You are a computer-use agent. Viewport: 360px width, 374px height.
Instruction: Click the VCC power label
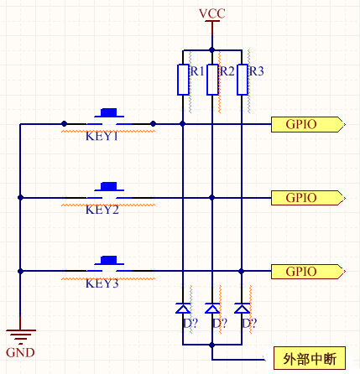click(211, 13)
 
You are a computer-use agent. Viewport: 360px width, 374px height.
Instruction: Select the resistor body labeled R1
click(183, 80)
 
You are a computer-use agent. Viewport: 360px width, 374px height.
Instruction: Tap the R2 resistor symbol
click(212, 80)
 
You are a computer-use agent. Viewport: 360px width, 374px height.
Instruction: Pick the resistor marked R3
click(243, 80)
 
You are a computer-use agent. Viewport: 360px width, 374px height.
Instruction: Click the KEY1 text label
click(102, 137)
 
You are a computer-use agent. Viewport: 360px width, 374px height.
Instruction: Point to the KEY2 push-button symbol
click(108, 191)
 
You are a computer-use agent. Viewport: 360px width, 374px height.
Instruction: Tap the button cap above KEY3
click(108, 258)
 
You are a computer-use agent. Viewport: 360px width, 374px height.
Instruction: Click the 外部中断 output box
click(310, 358)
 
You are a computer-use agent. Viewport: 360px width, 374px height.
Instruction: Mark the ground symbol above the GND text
click(19, 334)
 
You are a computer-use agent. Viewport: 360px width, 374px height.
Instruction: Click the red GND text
click(19, 353)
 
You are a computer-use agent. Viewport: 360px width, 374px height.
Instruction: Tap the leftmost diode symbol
click(183, 308)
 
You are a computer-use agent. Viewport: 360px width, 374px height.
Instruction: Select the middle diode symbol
click(212, 308)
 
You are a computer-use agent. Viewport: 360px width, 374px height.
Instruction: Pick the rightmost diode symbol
click(243, 308)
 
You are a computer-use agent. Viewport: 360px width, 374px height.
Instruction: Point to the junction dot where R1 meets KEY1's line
click(183, 124)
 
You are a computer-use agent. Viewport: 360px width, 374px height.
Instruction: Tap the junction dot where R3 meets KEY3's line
click(243, 271)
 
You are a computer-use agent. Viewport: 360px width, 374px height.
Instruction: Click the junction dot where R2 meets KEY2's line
click(212, 198)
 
